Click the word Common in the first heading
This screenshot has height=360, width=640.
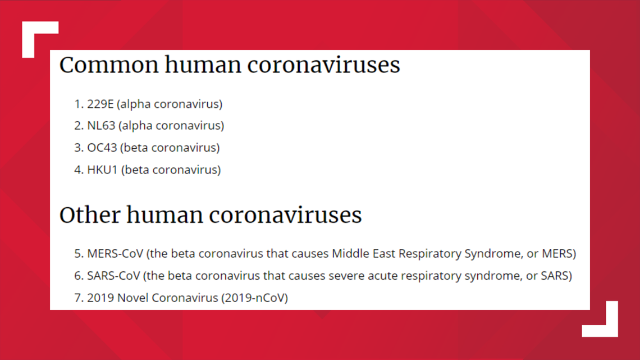(x=109, y=65)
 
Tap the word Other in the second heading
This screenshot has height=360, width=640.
(x=90, y=215)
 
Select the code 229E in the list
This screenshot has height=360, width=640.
(x=100, y=104)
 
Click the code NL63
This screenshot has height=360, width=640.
(x=101, y=126)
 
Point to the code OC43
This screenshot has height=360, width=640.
(x=102, y=148)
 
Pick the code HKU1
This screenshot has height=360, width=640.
(x=102, y=170)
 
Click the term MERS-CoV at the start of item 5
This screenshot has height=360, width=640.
(x=115, y=254)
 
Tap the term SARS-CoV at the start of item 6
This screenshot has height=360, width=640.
(x=113, y=276)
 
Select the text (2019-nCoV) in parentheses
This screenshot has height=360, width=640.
(x=255, y=298)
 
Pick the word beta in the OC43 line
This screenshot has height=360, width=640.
(x=136, y=148)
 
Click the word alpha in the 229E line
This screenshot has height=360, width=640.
(x=135, y=104)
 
